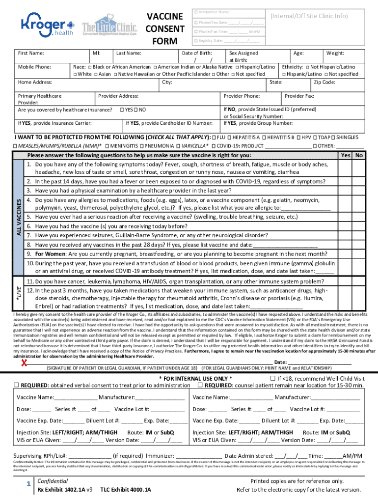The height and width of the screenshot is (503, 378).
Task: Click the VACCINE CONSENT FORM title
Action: (165, 28)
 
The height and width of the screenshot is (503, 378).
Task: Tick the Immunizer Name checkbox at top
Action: (195, 12)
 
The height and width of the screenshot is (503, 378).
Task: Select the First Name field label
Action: (30, 53)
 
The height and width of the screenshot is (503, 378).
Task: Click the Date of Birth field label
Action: (197, 53)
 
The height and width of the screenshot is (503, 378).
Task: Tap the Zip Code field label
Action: (324, 83)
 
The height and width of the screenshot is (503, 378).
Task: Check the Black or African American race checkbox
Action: (90, 67)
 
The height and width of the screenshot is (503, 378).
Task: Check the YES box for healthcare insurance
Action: (122, 110)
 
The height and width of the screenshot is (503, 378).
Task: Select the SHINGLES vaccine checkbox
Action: (333, 138)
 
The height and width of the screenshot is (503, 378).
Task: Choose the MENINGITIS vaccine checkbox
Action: (107, 146)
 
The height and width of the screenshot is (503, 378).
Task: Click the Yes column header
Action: (346, 155)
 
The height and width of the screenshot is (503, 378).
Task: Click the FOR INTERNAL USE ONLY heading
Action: (196, 379)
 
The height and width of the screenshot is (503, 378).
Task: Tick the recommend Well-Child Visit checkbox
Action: (273, 378)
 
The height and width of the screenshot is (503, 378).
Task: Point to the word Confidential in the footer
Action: (53, 481)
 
